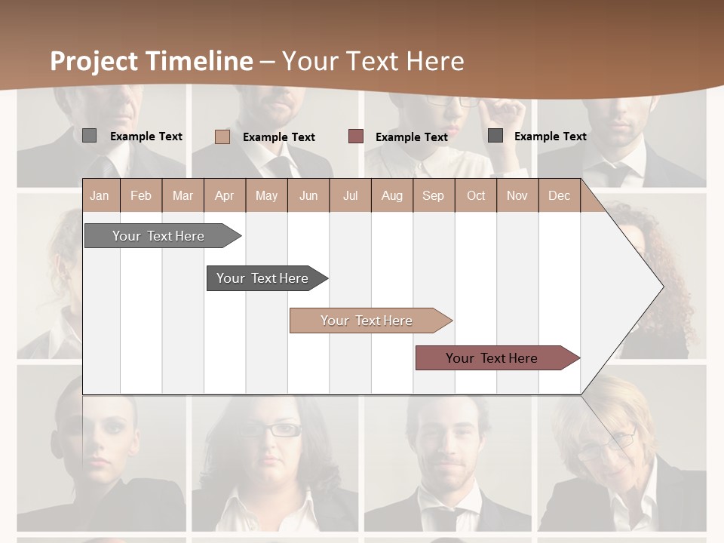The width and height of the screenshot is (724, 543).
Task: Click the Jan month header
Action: (x=100, y=195)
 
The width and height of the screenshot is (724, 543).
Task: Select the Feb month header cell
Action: (x=141, y=195)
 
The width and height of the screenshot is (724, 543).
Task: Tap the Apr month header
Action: (x=224, y=195)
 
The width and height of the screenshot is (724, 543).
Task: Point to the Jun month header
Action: (x=308, y=195)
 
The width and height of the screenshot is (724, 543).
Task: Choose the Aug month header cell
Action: (x=391, y=195)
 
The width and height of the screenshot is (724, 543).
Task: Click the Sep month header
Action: (x=433, y=195)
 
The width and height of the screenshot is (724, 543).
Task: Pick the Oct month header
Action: (x=476, y=195)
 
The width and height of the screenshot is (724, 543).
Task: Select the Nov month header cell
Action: (x=517, y=195)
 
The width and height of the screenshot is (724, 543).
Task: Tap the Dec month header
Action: (x=559, y=195)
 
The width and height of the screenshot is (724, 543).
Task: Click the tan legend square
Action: (x=222, y=137)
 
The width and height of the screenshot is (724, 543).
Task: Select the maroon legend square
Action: (x=356, y=137)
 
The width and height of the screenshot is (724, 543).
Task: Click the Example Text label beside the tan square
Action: (x=279, y=137)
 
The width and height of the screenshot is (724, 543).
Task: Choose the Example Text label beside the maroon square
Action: (x=412, y=137)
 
